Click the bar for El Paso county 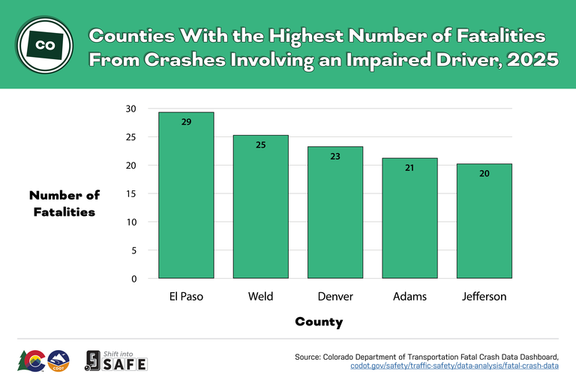click(x=186, y=196)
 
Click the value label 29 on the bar click(x=186, y=121)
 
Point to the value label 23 click(x=335, y=156)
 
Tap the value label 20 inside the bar click(x=484, y=173)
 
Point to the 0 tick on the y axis click(x=133, y=279)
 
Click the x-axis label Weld click(x=260, y=297)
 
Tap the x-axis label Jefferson click(x=484, y=297)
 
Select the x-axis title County click(x=319, y=322)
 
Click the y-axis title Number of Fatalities click(x=64, y=203)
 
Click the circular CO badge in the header click(x=45, y=45)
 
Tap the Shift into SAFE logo click(x=116, y=361)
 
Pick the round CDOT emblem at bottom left click(x=58, y=361)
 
